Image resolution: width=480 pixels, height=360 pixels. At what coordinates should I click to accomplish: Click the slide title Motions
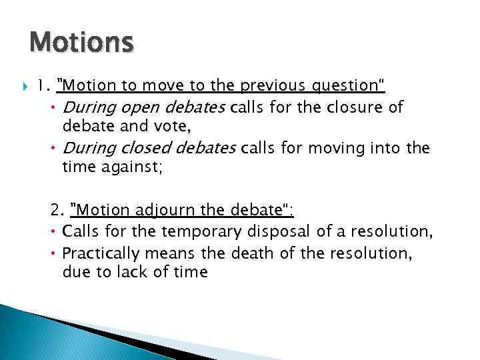(x=81, y=43)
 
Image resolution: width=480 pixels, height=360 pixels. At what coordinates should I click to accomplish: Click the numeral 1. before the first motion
(x=43, y=85)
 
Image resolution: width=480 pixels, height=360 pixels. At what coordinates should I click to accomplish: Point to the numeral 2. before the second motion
(x=57, y=211)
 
